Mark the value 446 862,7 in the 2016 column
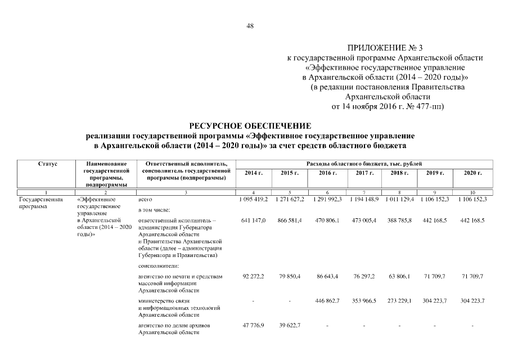[x=328, y=301]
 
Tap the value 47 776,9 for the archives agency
[x=254, y=326]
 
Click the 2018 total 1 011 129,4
[x=399, y=199]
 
